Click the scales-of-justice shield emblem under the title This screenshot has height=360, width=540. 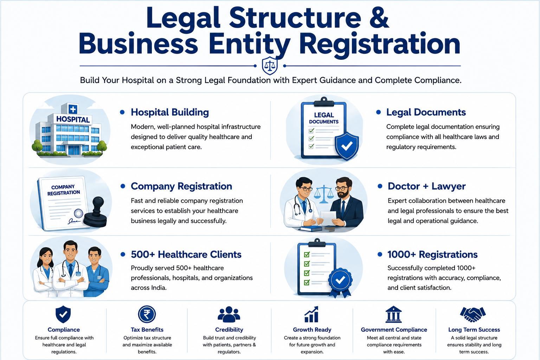coord(270,66)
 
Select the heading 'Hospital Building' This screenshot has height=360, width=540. coord(170,112)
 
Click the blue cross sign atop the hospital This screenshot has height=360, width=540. coord(73,109)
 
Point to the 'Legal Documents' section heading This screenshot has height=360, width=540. coord(426,112)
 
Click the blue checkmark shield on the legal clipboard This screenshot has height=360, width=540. coord(347,146)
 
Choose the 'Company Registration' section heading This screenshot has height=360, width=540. coord(181,186)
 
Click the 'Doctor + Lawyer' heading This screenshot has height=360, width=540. coord(427,186)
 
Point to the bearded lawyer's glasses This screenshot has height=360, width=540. coord(341,188)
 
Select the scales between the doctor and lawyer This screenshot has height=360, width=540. coord(323,194)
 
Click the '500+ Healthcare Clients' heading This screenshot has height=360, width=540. coord(186,255)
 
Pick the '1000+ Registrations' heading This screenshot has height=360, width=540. coord(432,255)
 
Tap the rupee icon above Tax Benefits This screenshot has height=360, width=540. coord(147,314)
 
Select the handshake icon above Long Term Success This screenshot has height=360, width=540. coord(473,314)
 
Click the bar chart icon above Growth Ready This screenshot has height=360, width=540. coord(311,314)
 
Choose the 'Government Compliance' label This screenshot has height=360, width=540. coord(394,330)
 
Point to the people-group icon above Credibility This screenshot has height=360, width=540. coord(229,314)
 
